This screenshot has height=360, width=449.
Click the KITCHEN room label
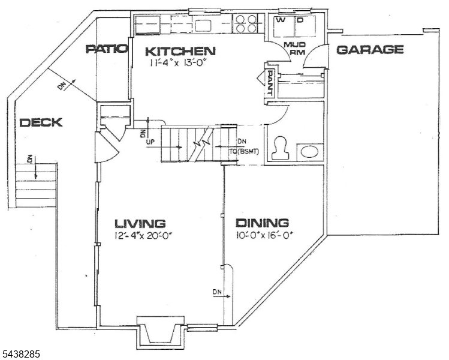pos(180,52)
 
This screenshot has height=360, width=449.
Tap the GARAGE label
pos(370,50)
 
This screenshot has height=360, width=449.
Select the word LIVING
pos(140,223)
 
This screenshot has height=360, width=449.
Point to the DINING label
pos(262,223)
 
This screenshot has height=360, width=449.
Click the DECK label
pos(41,122)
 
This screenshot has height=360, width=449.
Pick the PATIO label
pos(107,49)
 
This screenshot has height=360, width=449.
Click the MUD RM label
pos(294,49)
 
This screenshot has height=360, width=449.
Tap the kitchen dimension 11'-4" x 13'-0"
pos(178,63)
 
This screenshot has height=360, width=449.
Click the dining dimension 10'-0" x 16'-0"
pos(265,235)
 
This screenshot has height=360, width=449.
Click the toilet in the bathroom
pos(281,148)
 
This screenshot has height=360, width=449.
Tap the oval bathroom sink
pos(310,151)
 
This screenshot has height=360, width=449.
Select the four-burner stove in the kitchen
pos(245,23)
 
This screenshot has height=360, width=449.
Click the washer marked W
pos(283,26)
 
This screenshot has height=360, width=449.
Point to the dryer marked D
pos(305,26)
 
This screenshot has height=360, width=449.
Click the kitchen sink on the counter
pos(203,26)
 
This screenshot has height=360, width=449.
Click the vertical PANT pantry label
pos(269,83)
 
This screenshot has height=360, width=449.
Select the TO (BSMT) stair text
pos(244,152)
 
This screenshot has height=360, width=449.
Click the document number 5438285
pos(20,353)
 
